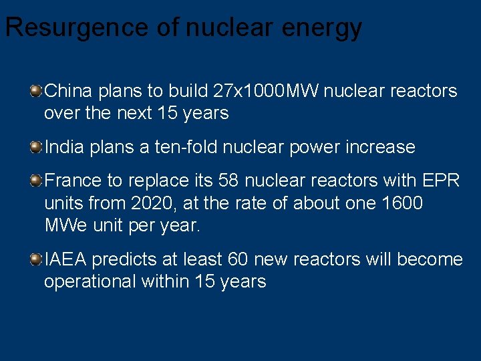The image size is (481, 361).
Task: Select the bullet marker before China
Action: pos(35,90)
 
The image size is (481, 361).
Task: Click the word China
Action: pos(69,90)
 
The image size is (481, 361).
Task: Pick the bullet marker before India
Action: pos(35,146)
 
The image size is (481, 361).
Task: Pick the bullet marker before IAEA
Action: pos(35,259)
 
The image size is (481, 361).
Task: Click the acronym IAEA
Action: pos(67,259)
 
